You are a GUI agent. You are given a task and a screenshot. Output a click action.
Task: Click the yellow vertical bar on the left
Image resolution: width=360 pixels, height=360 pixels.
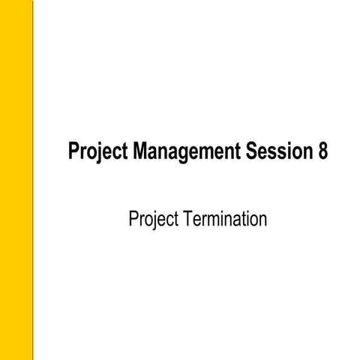pyautogui.click(x=16, y=180)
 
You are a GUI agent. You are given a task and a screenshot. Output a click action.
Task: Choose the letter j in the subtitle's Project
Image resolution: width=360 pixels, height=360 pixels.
pyautogui.click(x=153, y=221)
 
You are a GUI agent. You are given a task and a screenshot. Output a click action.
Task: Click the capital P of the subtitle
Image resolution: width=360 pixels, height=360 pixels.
pyautogui.click(x=133, y=219)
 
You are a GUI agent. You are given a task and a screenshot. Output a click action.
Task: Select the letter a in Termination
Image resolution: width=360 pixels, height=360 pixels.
pyautogui.click(x=239, y=221)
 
